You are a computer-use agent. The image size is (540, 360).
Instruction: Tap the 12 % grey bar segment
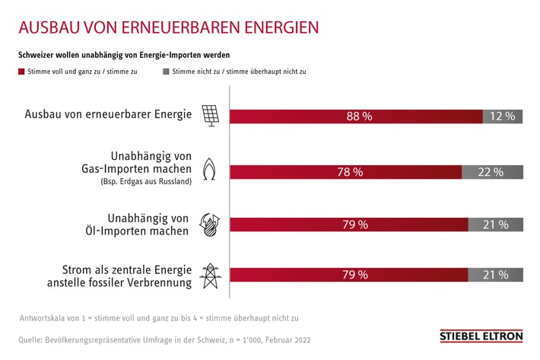(503, 116)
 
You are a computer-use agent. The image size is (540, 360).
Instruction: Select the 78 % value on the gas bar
(350, 172)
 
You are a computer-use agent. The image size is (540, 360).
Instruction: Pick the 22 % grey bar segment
(492, 172)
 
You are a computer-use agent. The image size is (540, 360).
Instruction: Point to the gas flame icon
(209, 168)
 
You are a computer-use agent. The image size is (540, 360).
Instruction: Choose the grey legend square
(166, 71)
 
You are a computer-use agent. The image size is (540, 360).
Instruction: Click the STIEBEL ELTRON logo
(481, 336)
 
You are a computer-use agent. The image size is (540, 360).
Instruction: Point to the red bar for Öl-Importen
(348, 225)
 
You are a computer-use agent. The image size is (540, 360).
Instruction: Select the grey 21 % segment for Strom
(495, 275)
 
